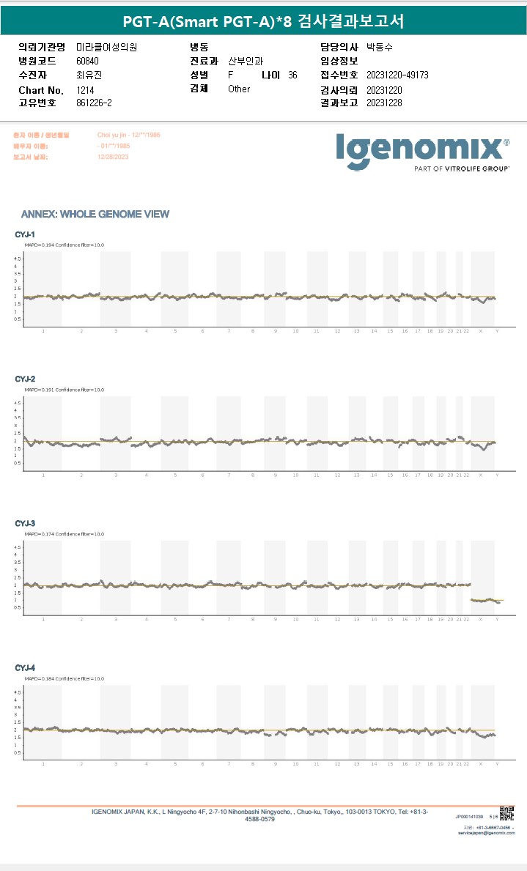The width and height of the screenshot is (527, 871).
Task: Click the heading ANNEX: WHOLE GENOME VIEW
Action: (95, 215)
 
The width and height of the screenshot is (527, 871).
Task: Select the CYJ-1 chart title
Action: (26, 234)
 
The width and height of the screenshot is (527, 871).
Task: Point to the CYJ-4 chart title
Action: (26, 668)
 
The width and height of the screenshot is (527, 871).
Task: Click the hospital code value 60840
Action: (87, 61)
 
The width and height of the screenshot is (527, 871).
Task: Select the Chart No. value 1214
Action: (85, 89)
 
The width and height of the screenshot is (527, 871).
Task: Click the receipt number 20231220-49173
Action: (397, 75)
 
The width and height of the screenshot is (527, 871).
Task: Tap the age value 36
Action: (292, 75)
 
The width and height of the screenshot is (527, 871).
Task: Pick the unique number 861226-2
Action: (94, 103)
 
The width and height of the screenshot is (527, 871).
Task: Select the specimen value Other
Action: (239, 89)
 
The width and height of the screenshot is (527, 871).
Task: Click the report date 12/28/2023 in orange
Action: (112, 157)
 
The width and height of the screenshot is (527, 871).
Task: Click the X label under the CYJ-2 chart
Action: (481, 475)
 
